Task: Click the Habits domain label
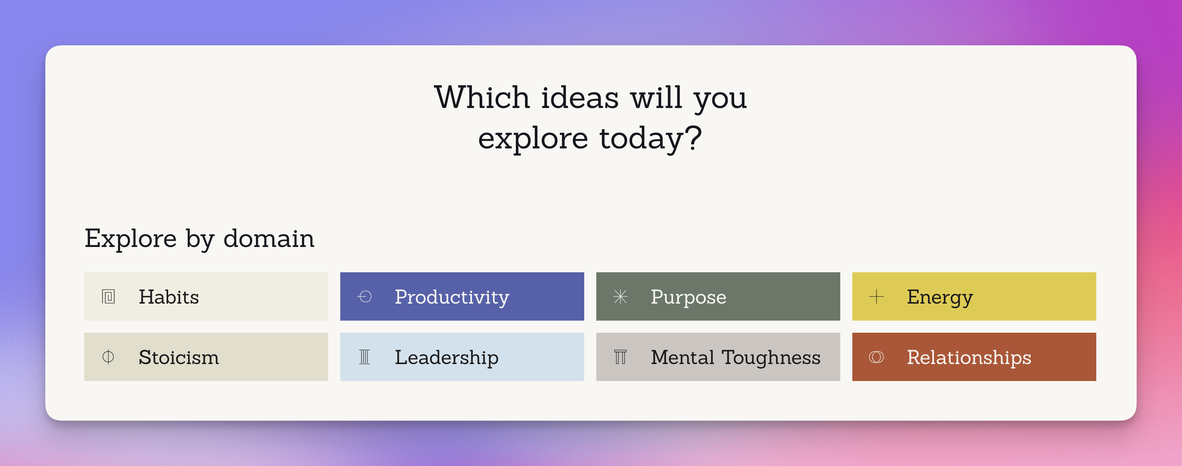pos(169,297)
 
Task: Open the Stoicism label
pos(179,357)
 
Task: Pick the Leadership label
pos(446,358)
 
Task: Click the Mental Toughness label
pos(736,358)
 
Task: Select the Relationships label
pos(969,358)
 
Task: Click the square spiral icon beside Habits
pos(108,297)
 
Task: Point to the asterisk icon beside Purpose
pos(620,297)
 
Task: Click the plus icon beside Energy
pos(876,297)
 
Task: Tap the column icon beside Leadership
pos(364,357)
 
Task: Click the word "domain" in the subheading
pos(269,239)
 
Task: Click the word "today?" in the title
pos(651,138)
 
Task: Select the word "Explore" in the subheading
pos(131,239)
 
